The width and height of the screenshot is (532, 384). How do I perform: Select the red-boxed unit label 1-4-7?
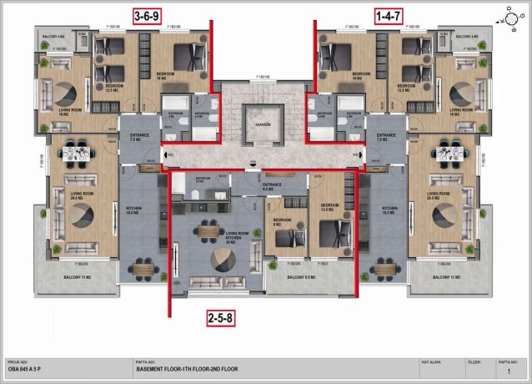(x=388, y=15)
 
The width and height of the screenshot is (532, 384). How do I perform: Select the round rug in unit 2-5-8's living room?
(x=223, y=259)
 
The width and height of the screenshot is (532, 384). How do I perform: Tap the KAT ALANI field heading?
(x=431, y=363)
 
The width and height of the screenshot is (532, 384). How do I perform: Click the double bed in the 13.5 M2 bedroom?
(x=329, y=234)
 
